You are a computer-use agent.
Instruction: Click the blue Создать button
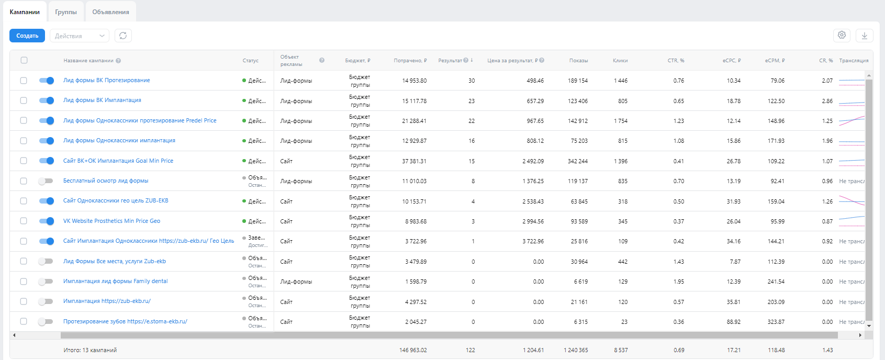point(27,36)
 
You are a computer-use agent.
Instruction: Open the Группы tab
point(66,12)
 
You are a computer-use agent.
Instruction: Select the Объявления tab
point(110,12)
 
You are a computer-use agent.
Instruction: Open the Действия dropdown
point(80,36)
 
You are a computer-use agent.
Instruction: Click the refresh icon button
point(123,36)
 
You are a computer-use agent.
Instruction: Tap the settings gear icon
point(842,35)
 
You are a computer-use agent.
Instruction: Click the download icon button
point(865,36)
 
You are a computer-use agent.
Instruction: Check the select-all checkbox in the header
point(24,60)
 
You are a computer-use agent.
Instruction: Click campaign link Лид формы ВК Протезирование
point(107,80)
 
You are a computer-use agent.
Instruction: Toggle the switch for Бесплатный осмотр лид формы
point(46,181)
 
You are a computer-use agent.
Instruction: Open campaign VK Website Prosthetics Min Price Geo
point(111,221)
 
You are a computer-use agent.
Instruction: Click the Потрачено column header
point(410,61)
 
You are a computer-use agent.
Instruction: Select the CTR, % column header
point(676,61)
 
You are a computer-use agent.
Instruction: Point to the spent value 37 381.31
point(414,161)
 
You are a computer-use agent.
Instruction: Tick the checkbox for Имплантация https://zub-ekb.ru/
point(24,301)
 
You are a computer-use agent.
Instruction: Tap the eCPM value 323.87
point(776,322)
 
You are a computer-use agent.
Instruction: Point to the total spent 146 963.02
point(413,350)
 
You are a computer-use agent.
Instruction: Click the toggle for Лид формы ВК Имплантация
point(47,100)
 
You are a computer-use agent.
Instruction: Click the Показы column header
point(578,61)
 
